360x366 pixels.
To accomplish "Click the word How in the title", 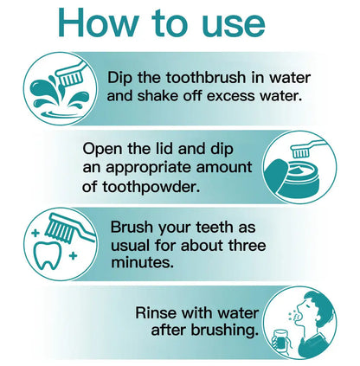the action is [x=98, y=22].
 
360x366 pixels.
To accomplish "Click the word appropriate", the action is [x=149, y=169].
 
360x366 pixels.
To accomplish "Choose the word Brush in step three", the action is [x=132, y=227].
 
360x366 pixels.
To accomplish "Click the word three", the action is [x=247, y=246].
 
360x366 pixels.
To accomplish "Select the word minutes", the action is [x=143, y=263].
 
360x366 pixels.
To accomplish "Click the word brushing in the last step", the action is [x=225, y=331].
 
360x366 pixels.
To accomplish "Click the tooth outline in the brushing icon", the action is [x=48, y=255].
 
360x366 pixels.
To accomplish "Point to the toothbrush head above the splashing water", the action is [x=70, y=77].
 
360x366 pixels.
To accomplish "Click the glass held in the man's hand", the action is [x=281, y=341].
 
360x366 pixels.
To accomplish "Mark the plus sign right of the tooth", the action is [x=73, y=255].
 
